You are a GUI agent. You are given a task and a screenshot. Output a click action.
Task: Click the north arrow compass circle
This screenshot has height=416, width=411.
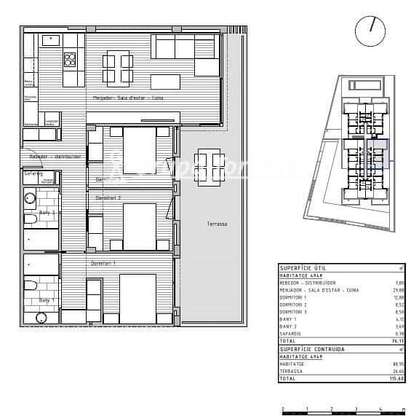click(x=370, y=30)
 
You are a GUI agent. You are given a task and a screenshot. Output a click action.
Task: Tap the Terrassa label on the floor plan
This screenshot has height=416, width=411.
click(x=216, y=224)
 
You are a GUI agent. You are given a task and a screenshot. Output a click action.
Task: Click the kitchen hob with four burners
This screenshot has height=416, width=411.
click(x=71, y=59)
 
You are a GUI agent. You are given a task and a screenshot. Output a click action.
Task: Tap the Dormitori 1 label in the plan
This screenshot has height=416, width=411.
click(x=103, y=262)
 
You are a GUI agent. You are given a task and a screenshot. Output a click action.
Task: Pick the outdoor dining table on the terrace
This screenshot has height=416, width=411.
click(x=208, y=161)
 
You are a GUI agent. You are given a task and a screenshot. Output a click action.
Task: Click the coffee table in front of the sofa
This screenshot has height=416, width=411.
click(x=165, y=79)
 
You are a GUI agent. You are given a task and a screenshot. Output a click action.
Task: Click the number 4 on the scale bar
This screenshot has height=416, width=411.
click(x=380, y=409)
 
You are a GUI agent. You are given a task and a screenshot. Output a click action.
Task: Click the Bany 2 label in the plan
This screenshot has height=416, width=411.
click(x=47, y=213)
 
